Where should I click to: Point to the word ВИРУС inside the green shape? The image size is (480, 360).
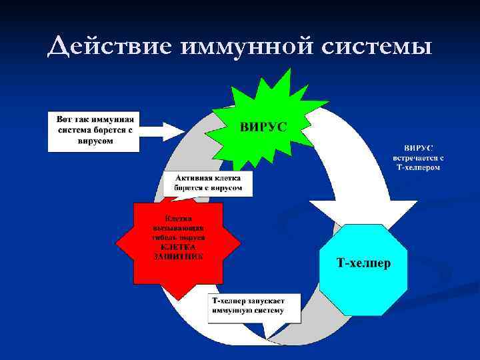coord(264,127)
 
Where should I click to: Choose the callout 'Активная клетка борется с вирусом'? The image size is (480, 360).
coord(208,183)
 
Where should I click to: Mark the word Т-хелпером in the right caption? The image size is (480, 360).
coord(418,167)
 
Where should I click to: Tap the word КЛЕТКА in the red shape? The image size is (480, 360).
coord(179,247)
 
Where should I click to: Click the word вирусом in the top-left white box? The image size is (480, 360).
coord(94,141)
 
